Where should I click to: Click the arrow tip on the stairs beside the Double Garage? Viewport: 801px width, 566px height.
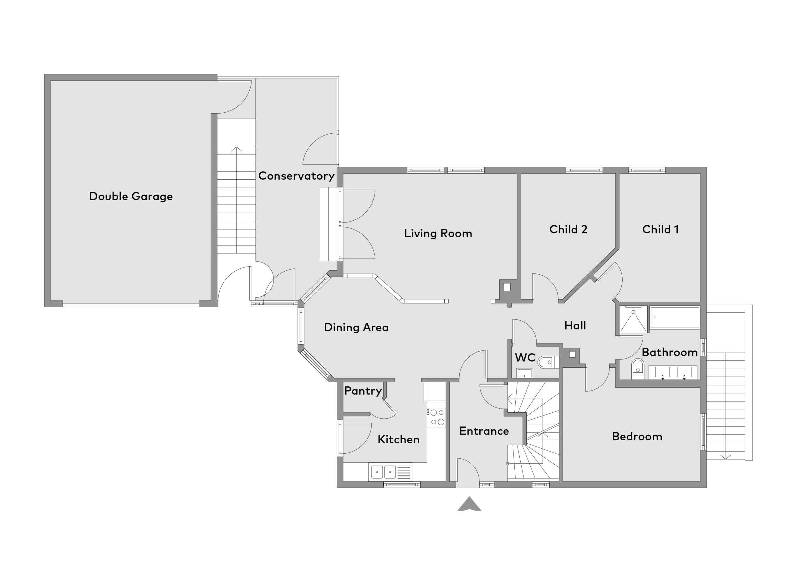(237, 147)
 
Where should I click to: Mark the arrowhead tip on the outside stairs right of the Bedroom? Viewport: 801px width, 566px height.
(726, 459)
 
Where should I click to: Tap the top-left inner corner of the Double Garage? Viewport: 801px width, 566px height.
(51, 81)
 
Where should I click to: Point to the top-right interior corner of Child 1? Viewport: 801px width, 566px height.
(700, 173)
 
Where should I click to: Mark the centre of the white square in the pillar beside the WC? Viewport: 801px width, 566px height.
(572, 354)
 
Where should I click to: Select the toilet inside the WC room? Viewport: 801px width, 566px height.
(548, 362)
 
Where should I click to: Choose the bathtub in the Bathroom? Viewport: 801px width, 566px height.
(675, 318)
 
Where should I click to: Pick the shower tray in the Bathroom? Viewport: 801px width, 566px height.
(633, 319)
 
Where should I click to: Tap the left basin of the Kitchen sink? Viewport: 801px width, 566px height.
(377, 472)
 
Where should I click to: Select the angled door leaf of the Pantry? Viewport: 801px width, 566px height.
(390, 406)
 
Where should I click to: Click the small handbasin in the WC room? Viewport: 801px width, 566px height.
(524, 373)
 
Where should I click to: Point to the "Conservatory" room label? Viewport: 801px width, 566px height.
(296, 176)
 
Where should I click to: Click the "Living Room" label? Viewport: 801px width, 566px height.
(438, 233)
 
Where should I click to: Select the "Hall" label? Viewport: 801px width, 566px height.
(575, 326)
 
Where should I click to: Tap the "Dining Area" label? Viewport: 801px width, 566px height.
(356, 327)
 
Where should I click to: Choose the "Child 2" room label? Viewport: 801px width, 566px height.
(568, 229)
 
